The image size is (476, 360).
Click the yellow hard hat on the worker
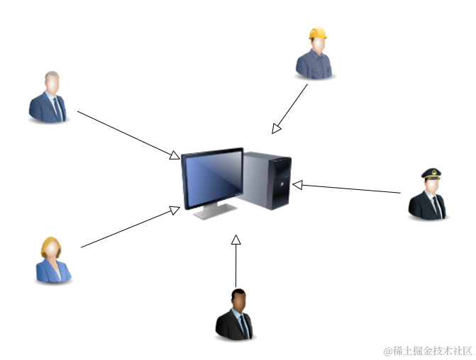pos(318,33)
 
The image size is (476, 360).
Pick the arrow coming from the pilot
pos(348,188)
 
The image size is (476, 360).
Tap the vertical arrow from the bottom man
pos(236,262)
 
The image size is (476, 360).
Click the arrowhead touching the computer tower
pos(298,185)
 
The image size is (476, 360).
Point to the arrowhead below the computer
pos(236,240)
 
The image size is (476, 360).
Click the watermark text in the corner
pos(427,351)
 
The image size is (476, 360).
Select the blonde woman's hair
pos(50,245)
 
